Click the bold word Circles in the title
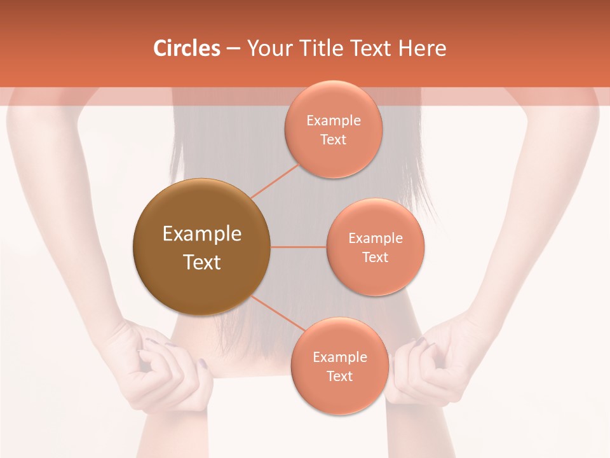pos(187,48)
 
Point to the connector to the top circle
pos(274,181)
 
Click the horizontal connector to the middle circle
pos(299,247)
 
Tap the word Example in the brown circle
pos(201,234)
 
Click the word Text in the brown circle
pos(201,262)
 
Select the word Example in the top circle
pos(333,121)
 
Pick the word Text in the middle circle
pos(375,258)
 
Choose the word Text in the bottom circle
pos(339,377)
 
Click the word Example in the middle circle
pos(375,239)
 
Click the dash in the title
pos(233,48)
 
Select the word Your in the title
pos(268,48)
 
